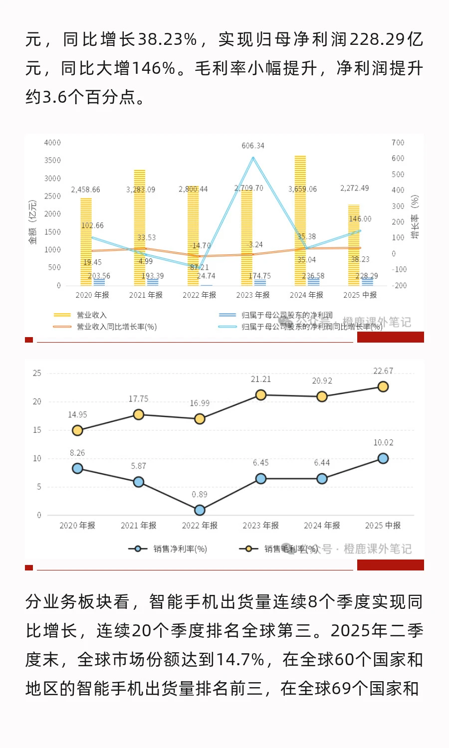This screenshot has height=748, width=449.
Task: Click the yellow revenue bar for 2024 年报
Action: coord(300,219)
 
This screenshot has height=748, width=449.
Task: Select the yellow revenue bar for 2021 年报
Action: coord(140,227)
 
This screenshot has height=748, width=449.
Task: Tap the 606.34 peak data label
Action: coord(253,146)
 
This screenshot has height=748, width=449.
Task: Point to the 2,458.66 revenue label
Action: coord(85,189)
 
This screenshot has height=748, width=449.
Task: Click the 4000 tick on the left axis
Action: coord(52,143)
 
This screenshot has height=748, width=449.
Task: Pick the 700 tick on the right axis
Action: coord(398,143)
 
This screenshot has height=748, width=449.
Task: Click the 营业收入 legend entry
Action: coord(91,315)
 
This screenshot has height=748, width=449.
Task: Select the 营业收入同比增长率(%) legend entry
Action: coord(116,327)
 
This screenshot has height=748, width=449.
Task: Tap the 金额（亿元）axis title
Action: coord(33,222)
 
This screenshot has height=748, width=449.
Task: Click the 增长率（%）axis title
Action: coord(415,217)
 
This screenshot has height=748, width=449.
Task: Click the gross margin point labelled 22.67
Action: coord(383,386)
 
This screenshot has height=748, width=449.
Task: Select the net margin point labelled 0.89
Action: coord(200,510)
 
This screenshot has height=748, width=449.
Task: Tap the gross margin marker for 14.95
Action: coord(77,430)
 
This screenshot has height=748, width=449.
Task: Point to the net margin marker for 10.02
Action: coord(383,458)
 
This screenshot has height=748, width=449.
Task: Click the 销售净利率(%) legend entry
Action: coord(180,549)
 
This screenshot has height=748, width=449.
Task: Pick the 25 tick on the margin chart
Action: coord(37,373)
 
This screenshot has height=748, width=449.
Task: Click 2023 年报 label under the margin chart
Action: coord(260,526)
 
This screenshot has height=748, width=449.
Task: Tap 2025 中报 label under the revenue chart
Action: coord(360,295)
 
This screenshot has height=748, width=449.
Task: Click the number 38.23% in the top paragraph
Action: coord(168,39)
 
